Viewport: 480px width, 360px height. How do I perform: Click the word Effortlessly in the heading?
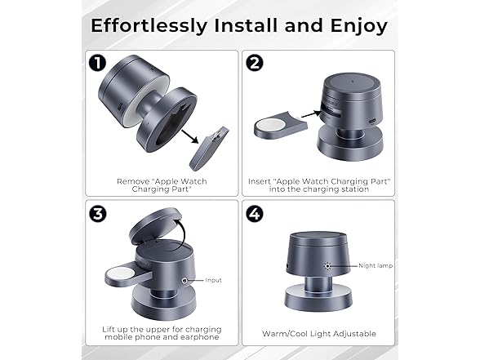pyautogui.click(x=149, y=25)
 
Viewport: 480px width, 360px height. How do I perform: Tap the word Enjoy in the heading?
pyautogui.click(x=359, y=27)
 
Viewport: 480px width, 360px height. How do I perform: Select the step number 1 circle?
pyautogui.click(x=97, y=64)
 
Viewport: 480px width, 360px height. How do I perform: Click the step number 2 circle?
pyautogui.click(x=255, y=64)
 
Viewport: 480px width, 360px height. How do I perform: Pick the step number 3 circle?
pyautogui.click(x=98, y=214)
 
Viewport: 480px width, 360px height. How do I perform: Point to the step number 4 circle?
pyautogui.click(x=255, y=214)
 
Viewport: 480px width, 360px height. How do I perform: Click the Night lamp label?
pyautogui.click(x=376, y=266)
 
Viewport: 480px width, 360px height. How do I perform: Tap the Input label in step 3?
pyautogui.click(x=213, y=280)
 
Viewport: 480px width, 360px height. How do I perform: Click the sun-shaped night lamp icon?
pyautogui.click(x=328, y=266)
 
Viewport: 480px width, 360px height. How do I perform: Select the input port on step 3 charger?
pyautogui.click(x=184, y=280)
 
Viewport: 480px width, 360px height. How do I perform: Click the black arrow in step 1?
pyautogui.click(x=190, y=136)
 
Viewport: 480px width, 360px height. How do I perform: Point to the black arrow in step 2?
pyautogui.click(x=311, y=114)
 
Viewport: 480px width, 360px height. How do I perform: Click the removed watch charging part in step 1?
pyautogui.click(x=209, y=149)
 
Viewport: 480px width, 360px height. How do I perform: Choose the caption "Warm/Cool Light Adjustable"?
pyautogui.click(x=319, y=334)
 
